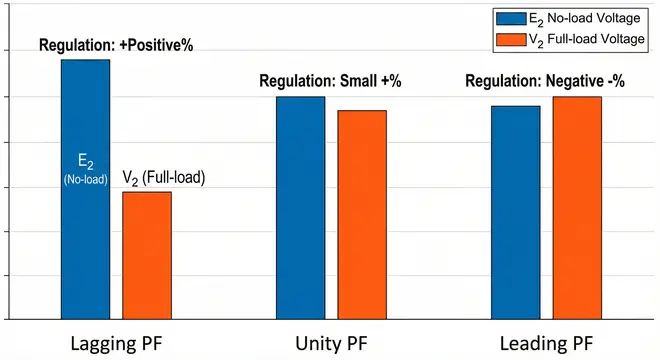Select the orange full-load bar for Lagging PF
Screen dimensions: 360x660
click(x=146, y=255)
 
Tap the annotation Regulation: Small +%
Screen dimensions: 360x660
click(x=330, y=81)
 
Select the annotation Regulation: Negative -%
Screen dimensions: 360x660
click(x=545, y=81)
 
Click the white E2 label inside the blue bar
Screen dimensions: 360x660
click(x=85, y=161)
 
